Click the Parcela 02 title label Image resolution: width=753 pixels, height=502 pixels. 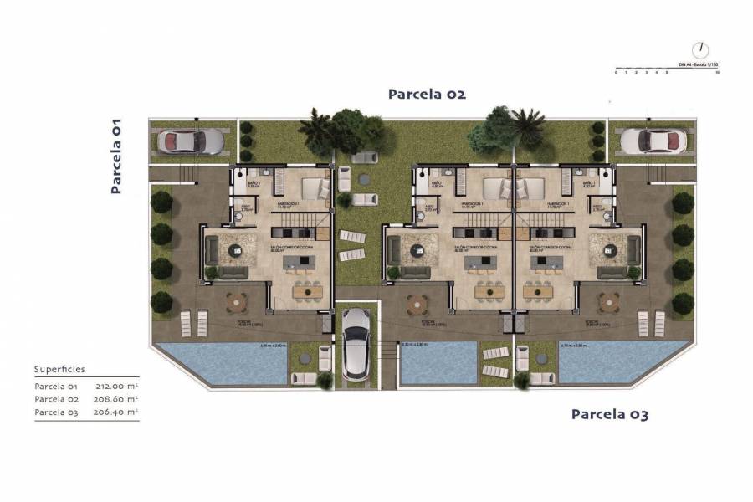tap(426, 95)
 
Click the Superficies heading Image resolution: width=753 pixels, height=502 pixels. tap(59, 369)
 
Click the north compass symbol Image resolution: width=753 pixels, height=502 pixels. tap(700, 50)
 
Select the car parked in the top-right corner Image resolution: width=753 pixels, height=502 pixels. tap(653, 141)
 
